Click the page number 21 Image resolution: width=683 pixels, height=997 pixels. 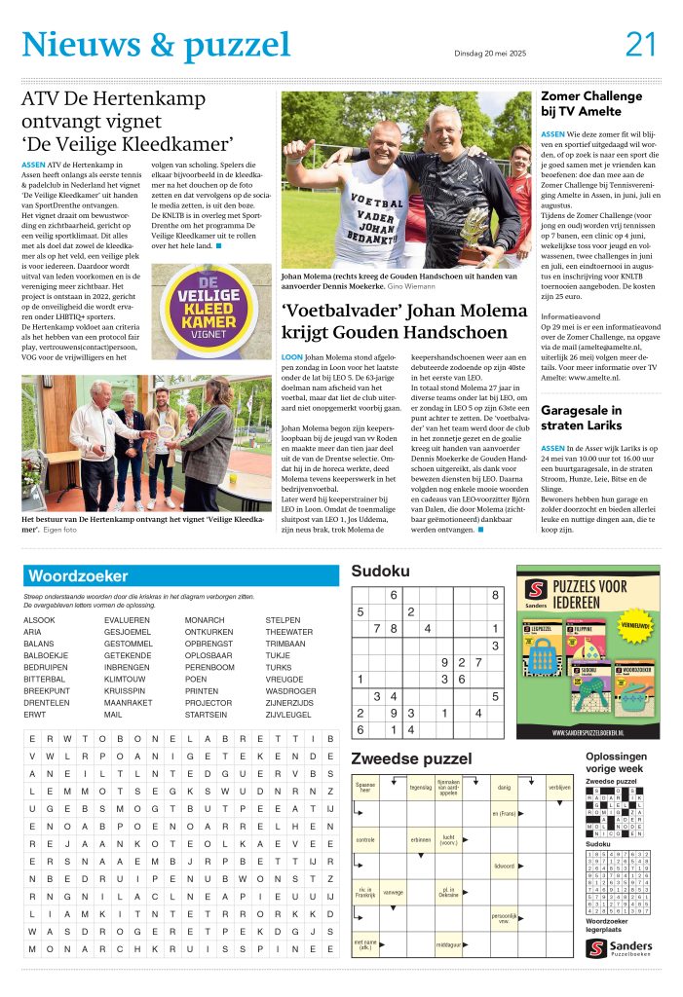[x=641, y=44]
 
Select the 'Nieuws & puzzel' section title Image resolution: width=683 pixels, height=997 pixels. [x=156, y=44]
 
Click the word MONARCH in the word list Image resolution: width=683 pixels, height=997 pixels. [x=206, y=619]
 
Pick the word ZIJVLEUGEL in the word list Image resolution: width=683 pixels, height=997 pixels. [x=291, y=715]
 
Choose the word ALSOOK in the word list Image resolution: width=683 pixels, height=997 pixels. [x=39, y=619]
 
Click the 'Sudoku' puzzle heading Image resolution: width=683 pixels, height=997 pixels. [x=381, y=572]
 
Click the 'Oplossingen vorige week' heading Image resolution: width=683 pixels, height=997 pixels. [x=616, y=762]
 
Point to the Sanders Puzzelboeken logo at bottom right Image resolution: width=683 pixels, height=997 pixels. [x=619, y=947]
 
